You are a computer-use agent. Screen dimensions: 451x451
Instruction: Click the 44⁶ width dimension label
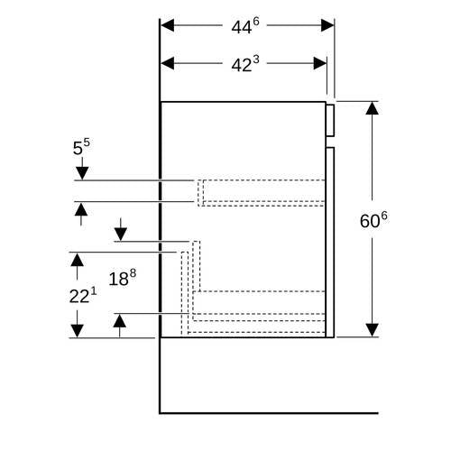tap(245, 26)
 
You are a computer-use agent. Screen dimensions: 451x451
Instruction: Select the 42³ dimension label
tap(245, 64)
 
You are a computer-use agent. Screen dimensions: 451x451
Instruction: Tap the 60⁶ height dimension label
tap(373, 220)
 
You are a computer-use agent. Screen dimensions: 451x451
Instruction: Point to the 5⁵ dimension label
tap(81, 147)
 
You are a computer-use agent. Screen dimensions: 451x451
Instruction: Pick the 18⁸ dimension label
tap(122, 278)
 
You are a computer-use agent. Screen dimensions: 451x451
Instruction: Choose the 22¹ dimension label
tap(83, 295)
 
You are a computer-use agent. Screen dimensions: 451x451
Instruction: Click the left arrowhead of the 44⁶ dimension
tap(168, 25)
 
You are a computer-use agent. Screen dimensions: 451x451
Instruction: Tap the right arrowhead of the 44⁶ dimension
tap(327, 25)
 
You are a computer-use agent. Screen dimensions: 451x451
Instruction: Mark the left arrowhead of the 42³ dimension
tap(168, 63)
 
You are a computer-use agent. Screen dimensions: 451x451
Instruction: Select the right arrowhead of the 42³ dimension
tap(319, 63)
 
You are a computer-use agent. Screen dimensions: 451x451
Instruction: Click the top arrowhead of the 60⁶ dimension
tap(373, 108)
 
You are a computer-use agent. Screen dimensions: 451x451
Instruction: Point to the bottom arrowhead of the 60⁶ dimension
tap(373, 330)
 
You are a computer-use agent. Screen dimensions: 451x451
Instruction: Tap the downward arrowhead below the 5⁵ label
tap(82, 173)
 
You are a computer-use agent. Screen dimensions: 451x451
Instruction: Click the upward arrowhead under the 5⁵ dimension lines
tap(81, 209)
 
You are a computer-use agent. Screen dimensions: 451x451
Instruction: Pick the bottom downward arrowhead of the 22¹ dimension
tap(78, 331)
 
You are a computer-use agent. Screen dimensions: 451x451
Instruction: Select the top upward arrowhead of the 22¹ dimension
tap(78, 260)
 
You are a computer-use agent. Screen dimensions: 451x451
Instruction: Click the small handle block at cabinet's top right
tap(330, 120)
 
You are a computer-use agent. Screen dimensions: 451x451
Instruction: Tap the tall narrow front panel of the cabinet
tap(330, 243)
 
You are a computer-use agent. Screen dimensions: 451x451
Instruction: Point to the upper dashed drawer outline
tap(262, 193)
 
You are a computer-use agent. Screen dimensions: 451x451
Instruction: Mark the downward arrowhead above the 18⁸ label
tap(121, 235)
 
